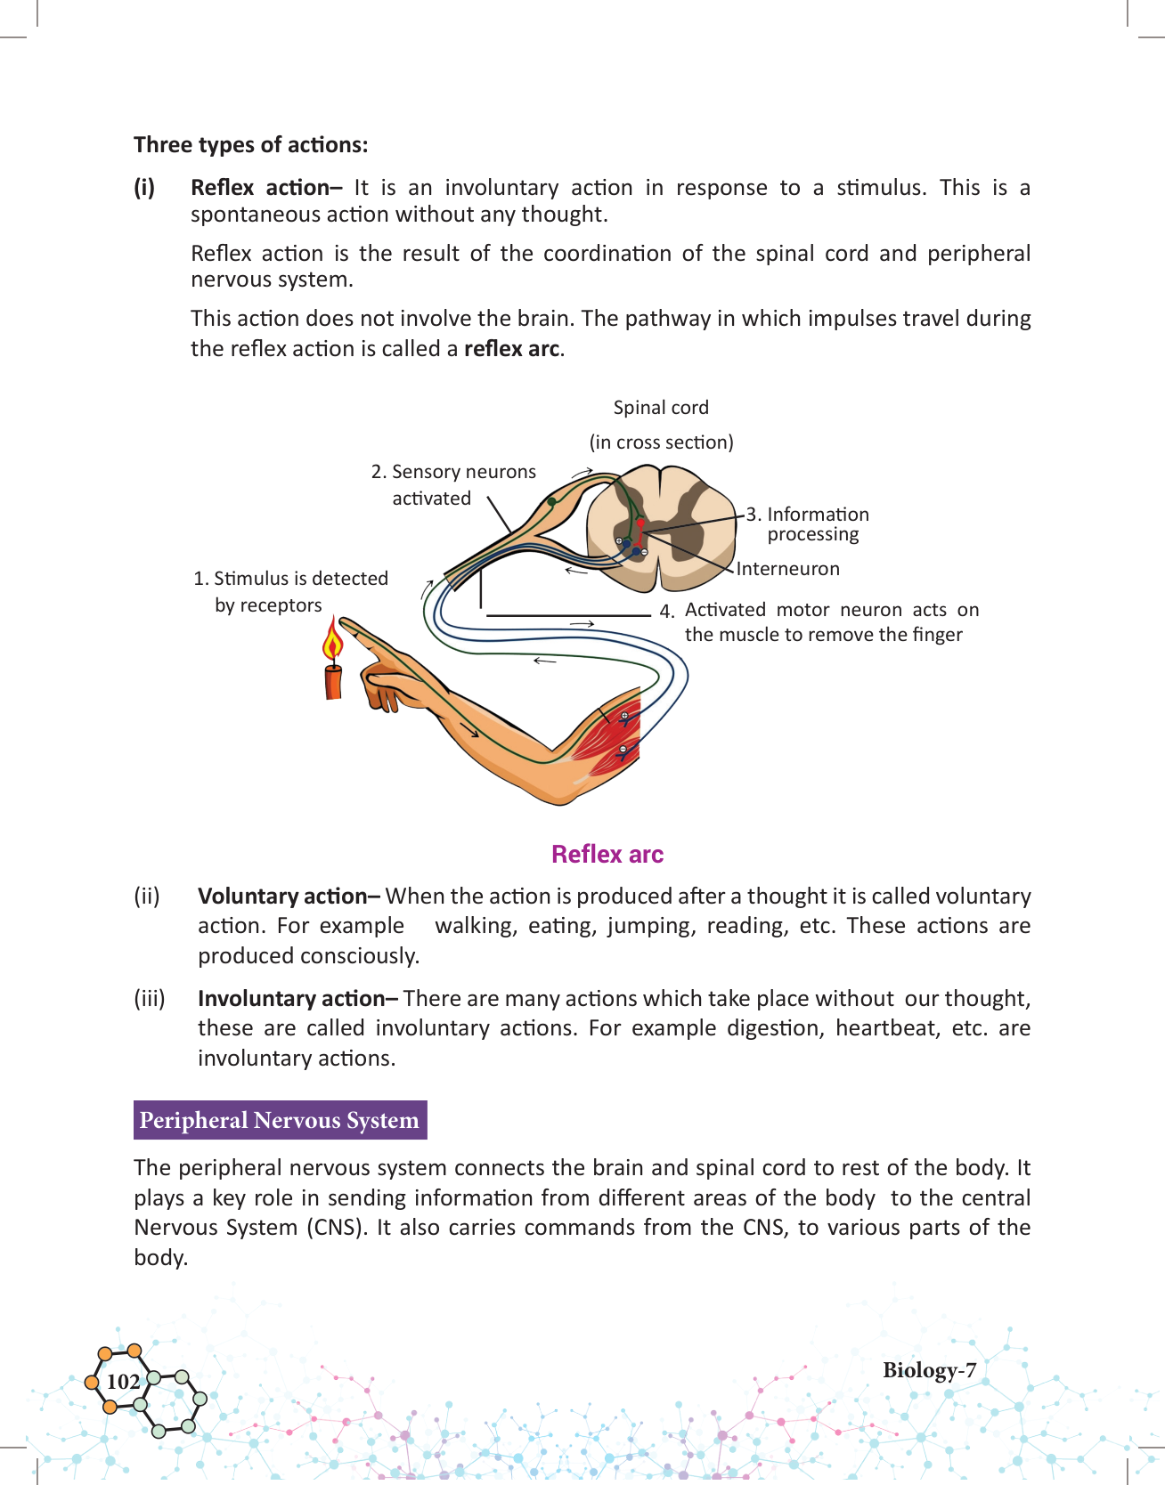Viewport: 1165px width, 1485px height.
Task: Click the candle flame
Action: [333, 643]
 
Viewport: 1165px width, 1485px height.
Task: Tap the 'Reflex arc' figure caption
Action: [607, 855]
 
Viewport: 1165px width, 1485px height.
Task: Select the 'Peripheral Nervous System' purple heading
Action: [280, 1120]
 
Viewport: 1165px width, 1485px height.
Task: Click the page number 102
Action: [123, 1382]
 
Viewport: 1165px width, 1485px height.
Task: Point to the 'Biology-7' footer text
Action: [929, 1370]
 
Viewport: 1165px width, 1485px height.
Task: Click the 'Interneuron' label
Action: [787, 569]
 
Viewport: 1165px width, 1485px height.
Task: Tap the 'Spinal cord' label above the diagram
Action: [661, 408]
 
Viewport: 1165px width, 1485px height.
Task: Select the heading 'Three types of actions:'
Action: [250, 145]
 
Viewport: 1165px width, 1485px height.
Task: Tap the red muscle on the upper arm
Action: [609, 730]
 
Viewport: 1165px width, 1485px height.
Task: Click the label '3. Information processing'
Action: [808, 524]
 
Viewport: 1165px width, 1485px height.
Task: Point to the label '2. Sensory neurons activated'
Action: [453, 484]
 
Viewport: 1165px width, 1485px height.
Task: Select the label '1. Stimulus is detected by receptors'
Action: [290, 591]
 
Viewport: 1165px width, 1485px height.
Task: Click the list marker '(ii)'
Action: [147, 897]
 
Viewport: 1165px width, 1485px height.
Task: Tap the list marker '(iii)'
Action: [150, 999]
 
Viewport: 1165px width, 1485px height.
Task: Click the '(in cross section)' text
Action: [661, 442]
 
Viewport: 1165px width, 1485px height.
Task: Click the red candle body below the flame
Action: [333, 680]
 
